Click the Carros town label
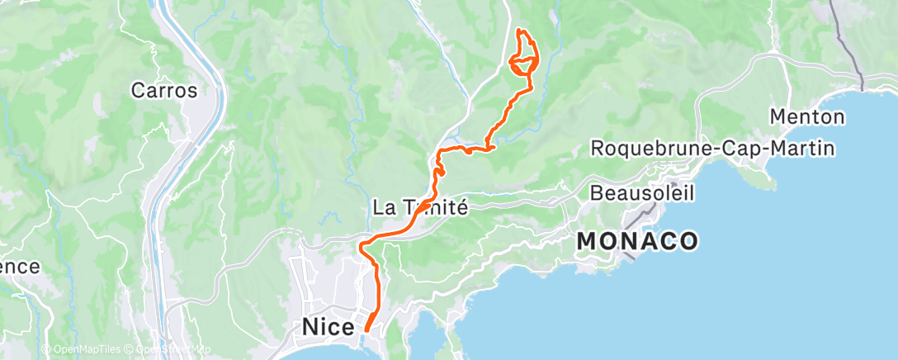tap(164, 90)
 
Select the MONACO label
tap(637, 241)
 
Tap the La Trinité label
tap(421, 208)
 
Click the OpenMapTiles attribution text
tap(87, 350)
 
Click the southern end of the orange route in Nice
tap(366, 329)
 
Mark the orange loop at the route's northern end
tap(524, 63)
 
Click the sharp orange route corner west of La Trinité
tap(361, 244)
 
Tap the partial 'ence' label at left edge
tap(20, 267)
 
